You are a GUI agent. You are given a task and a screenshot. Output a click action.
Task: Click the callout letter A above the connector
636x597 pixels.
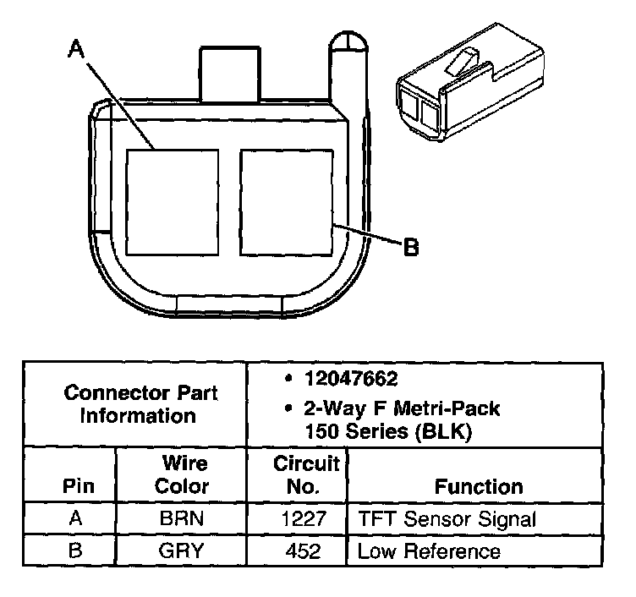(x=77, y=51)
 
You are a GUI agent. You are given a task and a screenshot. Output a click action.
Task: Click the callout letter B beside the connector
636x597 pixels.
(x=410, y=247)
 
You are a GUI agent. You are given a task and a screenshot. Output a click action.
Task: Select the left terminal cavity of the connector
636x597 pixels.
(x=172, y=202)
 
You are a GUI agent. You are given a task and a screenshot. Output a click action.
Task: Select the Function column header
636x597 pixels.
(x=478, y=487)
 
